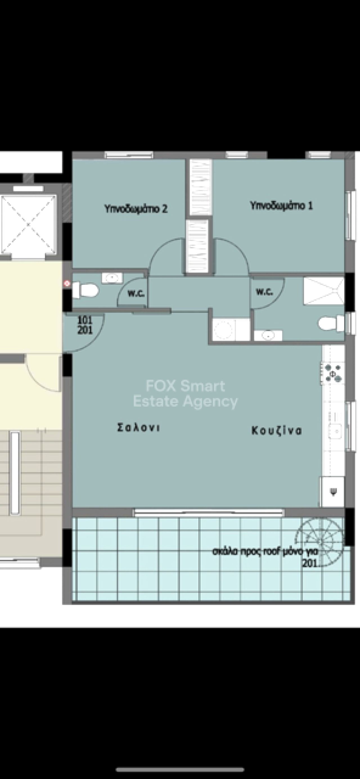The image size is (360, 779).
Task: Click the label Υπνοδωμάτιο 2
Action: coord(136,209)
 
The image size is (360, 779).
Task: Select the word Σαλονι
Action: coord(138,427)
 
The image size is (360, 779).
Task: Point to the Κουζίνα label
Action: coord(276,430)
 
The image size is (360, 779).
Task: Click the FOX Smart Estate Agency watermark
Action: coord(185,394)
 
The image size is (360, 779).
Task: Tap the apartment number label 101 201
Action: coord(85,325)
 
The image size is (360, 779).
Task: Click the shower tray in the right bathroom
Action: coord(324,290)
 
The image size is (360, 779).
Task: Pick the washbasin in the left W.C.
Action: coord(112,277)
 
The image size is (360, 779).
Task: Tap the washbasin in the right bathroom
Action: coord(268,335)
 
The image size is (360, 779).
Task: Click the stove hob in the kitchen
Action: coord(332,374)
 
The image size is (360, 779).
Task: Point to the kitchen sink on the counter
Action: coord(336,426)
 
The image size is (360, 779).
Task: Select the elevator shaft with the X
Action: coord(28,224)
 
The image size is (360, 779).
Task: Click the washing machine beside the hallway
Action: coord(224,329)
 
